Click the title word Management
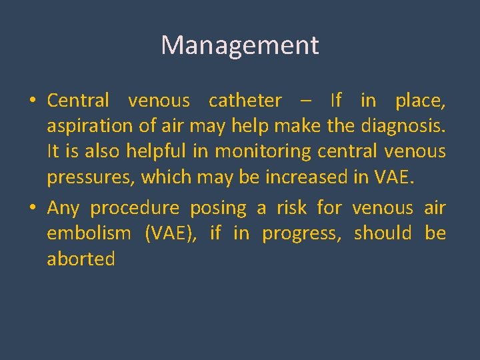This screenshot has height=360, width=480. coord(240,45)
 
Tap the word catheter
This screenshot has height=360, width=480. coord(245,101)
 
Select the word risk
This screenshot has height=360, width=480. coord(292,208)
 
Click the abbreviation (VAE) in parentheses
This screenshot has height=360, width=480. coord(168,234)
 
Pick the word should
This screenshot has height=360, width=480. coord(383,233)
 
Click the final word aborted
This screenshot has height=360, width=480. coord(81,259)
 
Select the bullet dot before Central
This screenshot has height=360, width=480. coord(31,101)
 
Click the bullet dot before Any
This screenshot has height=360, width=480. coord(31,209)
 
